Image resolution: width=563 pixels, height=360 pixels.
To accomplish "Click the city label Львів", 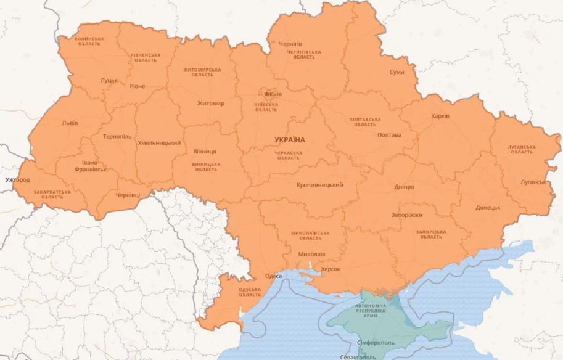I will [70, 123].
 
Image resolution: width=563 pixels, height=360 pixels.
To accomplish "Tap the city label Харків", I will [440, 116].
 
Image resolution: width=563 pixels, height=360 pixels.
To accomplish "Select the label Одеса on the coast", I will [273, 276].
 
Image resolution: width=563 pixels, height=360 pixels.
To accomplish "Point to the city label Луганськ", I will [533, 182].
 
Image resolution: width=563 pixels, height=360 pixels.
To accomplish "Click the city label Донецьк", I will [488, 208].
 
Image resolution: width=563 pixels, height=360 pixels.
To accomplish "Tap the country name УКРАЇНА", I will [290, 140].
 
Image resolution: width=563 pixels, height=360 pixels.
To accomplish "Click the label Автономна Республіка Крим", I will [370, 311].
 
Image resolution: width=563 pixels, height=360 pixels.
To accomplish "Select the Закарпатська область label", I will [52, 194].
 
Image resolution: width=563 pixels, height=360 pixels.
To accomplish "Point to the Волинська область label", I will [89, 41].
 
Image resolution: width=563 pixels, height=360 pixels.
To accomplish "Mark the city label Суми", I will [397, 72].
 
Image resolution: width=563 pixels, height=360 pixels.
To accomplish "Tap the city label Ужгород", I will [17, 180].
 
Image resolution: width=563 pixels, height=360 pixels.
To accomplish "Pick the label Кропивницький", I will [319, 185].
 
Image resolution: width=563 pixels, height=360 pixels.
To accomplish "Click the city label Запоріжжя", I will [406, 215].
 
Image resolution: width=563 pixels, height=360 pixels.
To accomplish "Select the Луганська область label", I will [520, 149].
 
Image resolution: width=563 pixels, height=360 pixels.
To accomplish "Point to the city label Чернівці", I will [128, 195].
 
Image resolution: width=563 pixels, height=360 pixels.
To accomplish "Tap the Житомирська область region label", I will [202, 72].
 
